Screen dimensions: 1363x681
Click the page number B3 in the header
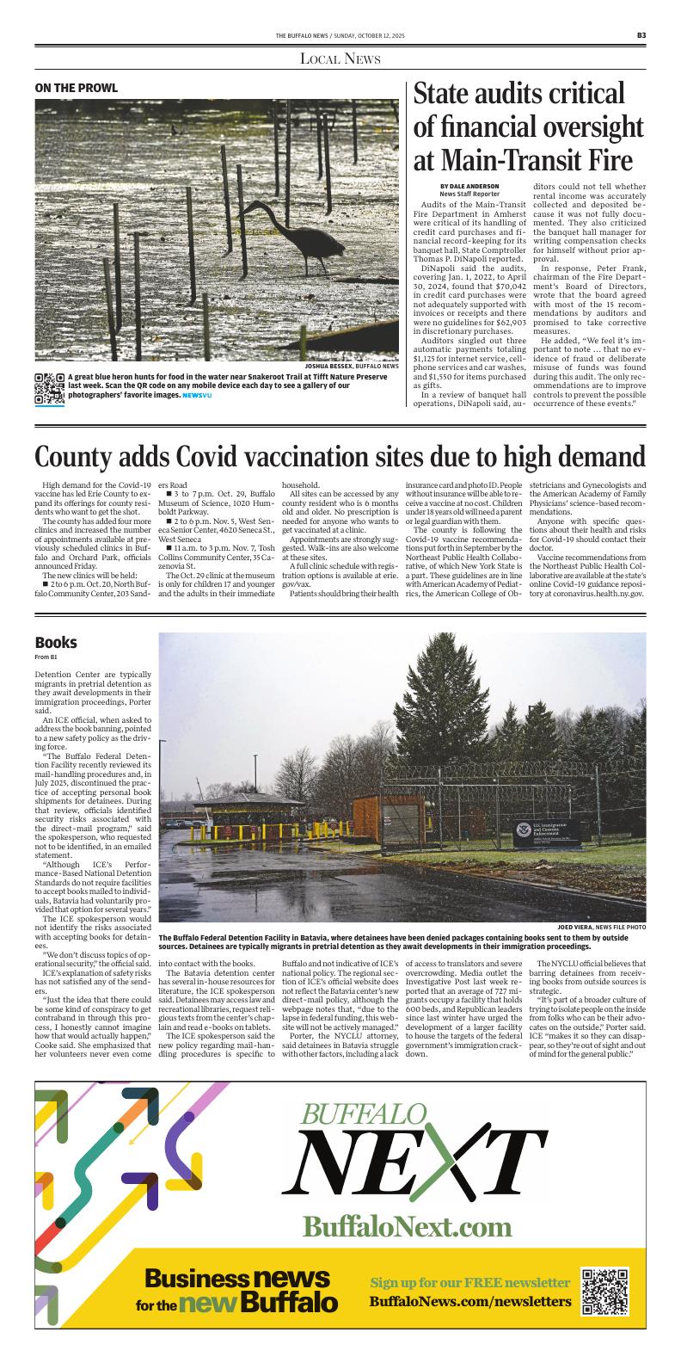coord(641,35)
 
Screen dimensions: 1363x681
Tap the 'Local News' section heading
coord(340,59)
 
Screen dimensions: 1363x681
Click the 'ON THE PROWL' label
coord(76,88)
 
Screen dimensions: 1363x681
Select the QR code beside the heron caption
coord(49,390)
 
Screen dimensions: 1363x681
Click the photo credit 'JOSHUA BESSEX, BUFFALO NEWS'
coord(352,367)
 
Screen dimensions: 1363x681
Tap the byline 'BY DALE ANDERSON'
coord(469,187)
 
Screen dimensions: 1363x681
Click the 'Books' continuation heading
coord(56,643)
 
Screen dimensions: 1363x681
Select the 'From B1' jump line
coord(47,657)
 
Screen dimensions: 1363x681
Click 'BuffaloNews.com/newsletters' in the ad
coord(470,1301)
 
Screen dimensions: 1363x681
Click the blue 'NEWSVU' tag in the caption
coord(196,395)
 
